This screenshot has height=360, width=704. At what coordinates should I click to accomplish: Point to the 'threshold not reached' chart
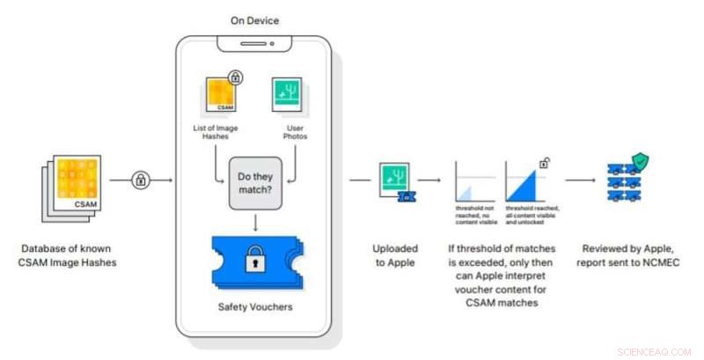[475, 185]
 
